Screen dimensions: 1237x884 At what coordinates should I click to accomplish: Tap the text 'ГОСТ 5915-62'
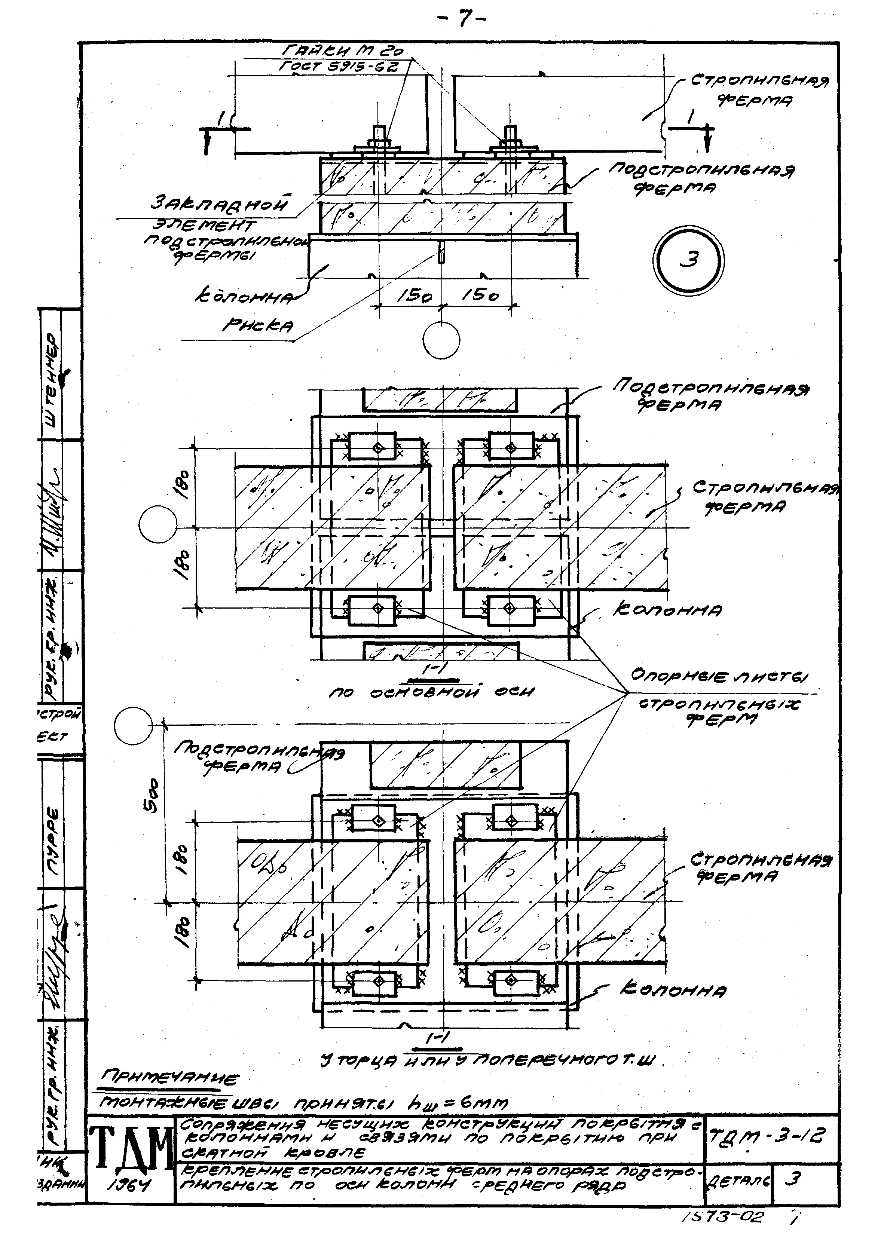point(340,67)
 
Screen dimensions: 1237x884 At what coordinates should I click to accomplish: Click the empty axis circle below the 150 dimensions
point(441,341)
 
